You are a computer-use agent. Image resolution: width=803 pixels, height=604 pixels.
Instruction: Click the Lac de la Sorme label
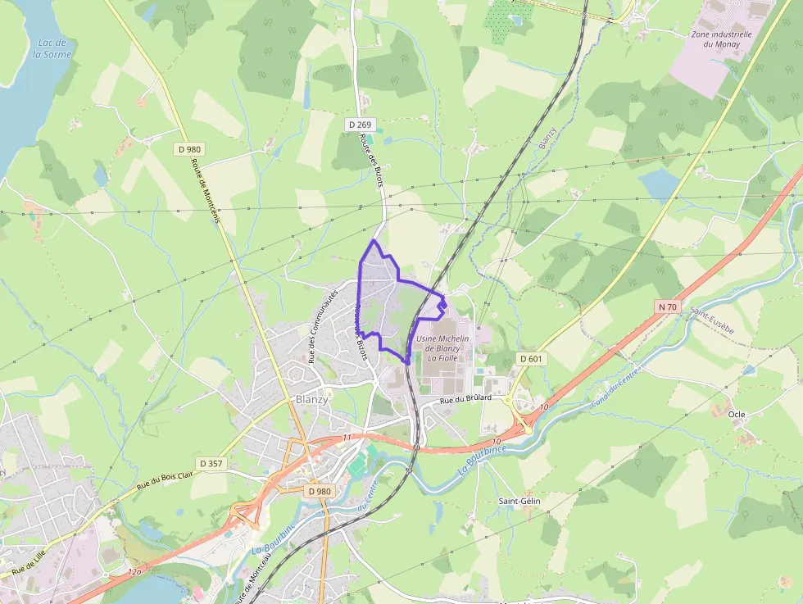(x=52, y=48)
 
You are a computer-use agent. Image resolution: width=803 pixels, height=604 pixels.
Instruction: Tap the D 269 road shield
(x=359, y=125)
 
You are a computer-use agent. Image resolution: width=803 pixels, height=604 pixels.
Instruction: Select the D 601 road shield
(x=532, y=359)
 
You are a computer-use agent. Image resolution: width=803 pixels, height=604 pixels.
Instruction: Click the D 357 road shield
(x=209, y=463)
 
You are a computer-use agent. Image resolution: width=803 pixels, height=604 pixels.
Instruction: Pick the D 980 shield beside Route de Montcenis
(x=189, y=149)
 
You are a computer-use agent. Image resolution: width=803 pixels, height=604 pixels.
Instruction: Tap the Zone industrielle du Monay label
(x=721, y=39)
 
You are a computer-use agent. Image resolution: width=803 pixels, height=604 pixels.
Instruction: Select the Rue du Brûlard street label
(x=465, y=398)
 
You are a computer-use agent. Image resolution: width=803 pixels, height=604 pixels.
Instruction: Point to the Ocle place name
(x=736, y=415)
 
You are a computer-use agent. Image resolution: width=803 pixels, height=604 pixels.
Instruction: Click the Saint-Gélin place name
(x=519, y=501)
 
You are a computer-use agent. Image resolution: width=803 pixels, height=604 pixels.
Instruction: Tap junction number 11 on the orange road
(x=347, y=438)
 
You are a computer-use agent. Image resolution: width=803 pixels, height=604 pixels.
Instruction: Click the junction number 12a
(x=134, y=570)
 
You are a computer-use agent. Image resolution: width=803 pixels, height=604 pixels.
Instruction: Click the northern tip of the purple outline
(x=374, y=240)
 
